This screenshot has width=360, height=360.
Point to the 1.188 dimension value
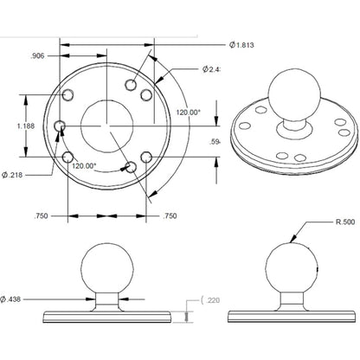pyautogui.click(x=27, y=126)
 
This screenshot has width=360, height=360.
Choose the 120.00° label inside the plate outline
pyautogui.click(x=109, y=165)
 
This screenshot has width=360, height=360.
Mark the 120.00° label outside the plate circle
pyautogui.click(x=188, y=112)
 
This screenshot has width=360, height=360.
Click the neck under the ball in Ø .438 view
pyautogui.click(x=106, y=299)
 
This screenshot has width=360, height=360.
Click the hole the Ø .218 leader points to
pyautogui.click(x=61, y=127)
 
